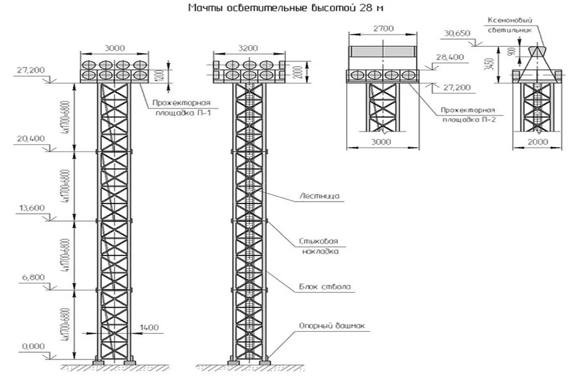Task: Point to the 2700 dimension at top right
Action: point(383,29)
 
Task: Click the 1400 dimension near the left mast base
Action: point(149,328)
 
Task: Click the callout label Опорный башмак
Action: point(322,326)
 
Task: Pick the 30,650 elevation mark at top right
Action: point(456,33)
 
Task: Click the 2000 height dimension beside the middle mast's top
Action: point(297,72)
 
